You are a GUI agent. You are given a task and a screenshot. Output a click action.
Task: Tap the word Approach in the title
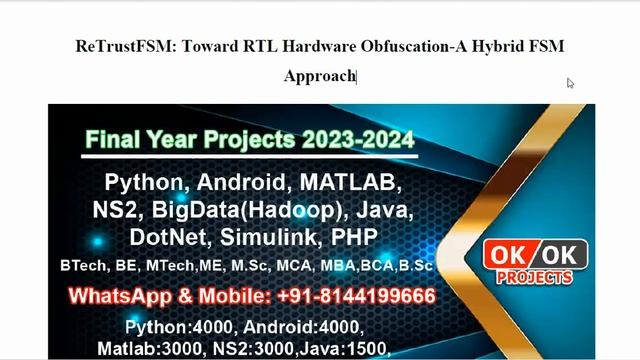pyautogui.click(x=319, y=76)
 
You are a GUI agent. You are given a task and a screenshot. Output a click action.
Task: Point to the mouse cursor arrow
pyautogui.click(x=570, y=83)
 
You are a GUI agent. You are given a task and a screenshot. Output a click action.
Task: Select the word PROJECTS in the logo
pyautogui.click(x=535, y=277)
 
